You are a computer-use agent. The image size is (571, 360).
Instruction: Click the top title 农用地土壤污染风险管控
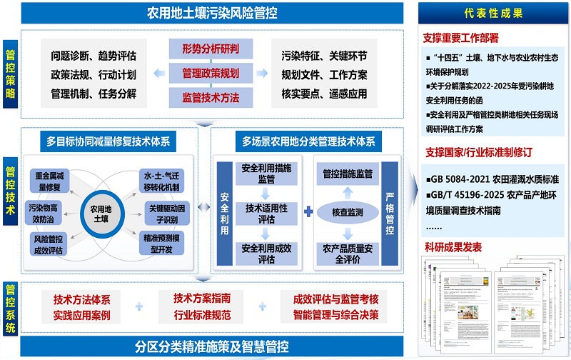[212, 13]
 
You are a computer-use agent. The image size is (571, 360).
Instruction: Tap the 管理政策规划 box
[211, 73]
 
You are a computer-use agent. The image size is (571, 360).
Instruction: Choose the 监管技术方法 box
[211, 96]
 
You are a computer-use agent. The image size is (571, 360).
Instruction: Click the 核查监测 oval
[346, 212]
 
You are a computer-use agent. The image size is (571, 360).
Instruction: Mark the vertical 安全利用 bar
[224, 212]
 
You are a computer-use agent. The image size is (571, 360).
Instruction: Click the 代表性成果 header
[494, 14]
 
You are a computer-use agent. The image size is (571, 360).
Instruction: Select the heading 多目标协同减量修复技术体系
[107, 141]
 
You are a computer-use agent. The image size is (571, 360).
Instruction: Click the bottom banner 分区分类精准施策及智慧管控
[212, 347]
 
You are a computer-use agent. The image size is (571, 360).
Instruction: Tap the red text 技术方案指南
[202, 297]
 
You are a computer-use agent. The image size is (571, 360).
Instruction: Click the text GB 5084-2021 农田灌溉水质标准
[488, 179]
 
